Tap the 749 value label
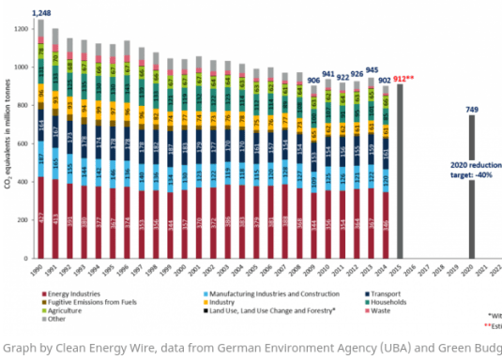click(472, 109)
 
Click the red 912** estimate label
click(405, 78)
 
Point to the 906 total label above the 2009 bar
click(314, 80)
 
